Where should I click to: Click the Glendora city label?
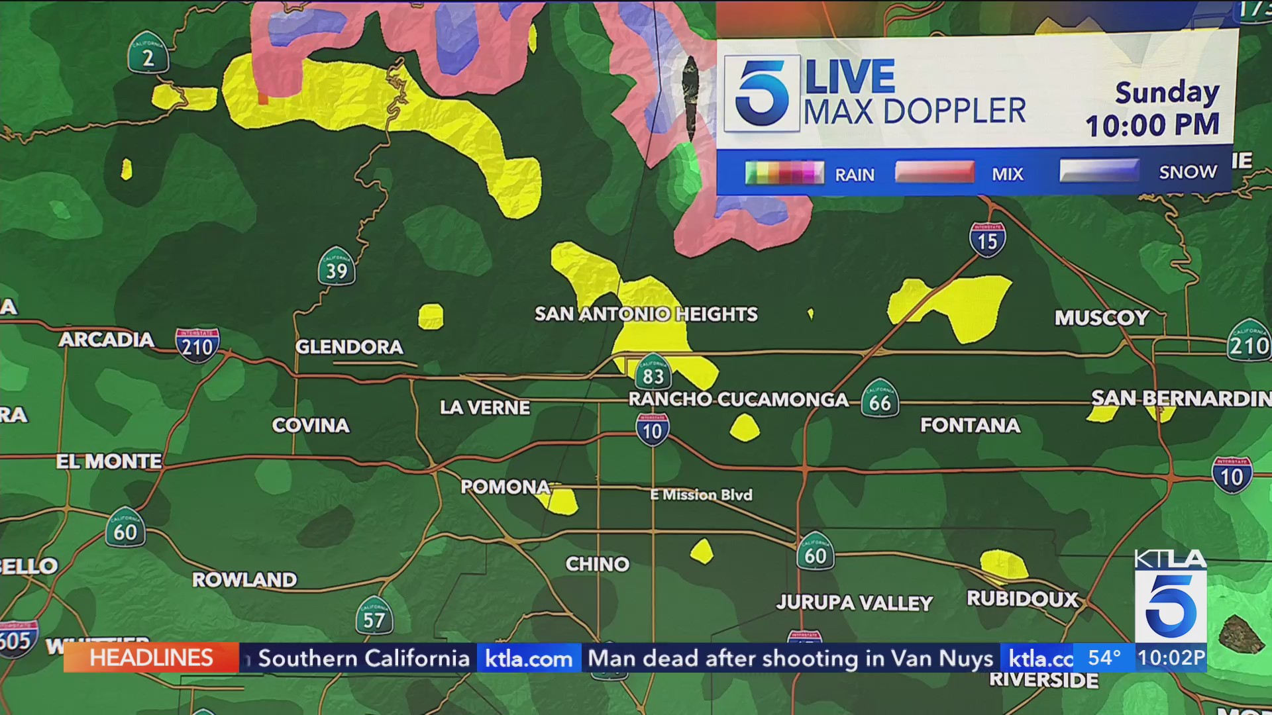349,346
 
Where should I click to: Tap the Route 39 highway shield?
337,267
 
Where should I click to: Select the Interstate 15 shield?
987,240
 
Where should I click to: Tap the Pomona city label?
505,487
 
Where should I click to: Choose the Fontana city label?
970,425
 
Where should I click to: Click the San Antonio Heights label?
646,314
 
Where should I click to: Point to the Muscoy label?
1102,318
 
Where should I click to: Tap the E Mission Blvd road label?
702,495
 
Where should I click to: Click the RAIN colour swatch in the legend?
784,173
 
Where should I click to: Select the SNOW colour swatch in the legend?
1099,171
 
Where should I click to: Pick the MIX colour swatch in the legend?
934,171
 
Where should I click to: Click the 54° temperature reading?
1104,658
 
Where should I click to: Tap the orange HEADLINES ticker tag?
151,658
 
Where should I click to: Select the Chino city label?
598,564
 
